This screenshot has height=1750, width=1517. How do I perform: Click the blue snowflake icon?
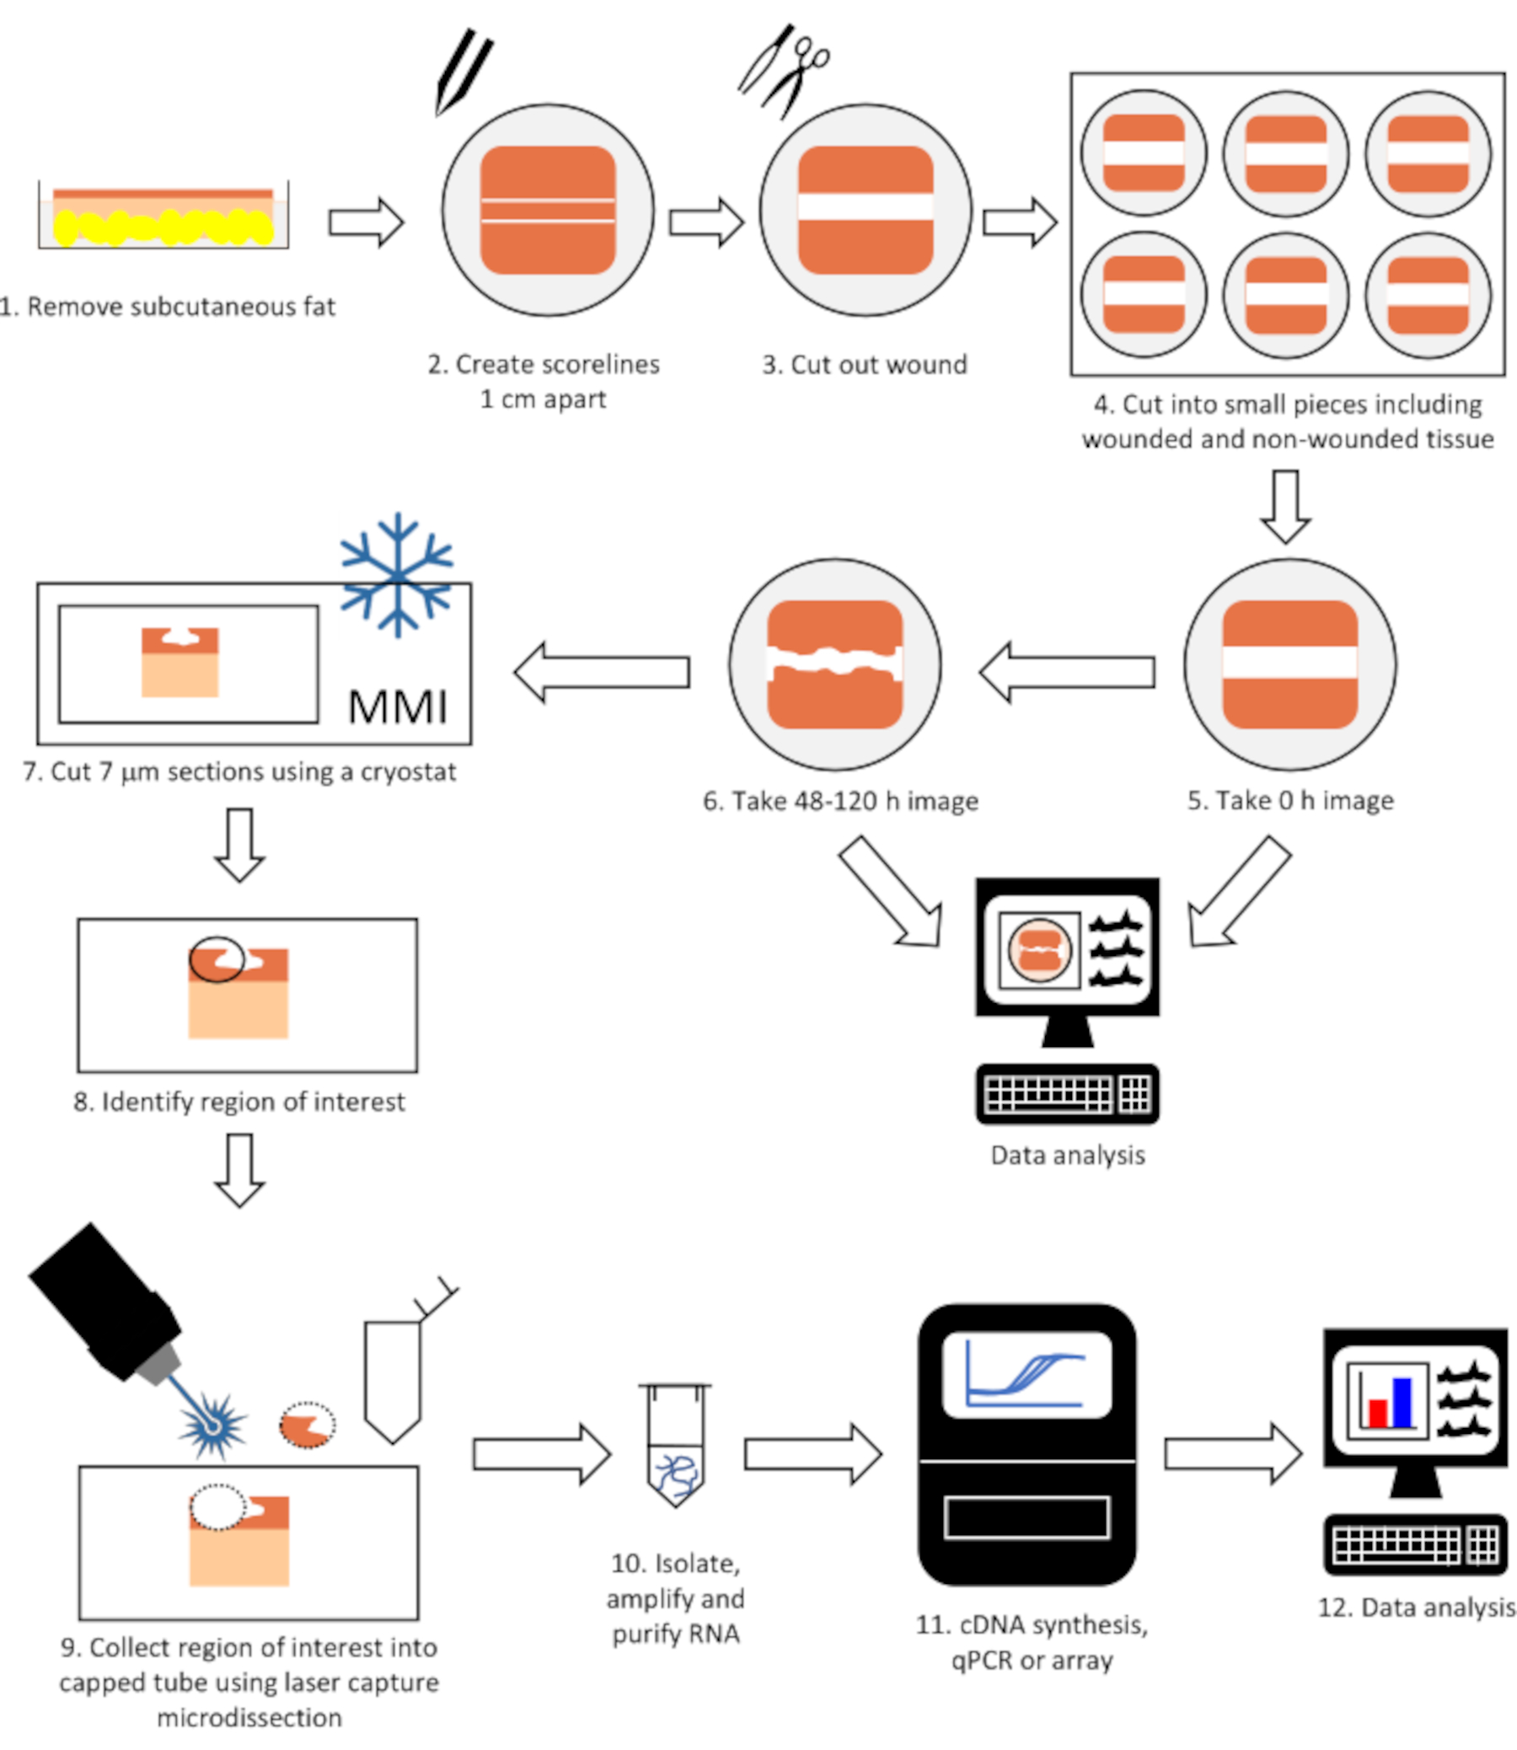pos(396,575)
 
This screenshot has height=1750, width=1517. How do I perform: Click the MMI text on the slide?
pos(397,707)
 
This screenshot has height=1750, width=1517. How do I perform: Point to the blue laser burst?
pos(212,1426)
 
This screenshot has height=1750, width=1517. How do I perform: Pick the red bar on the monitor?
pos(1377,1413)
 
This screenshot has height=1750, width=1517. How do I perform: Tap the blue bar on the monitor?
pos(1402,1402)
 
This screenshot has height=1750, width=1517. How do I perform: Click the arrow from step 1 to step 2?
pos(366,223)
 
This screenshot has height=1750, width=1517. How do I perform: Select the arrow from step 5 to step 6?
pos(1067,672)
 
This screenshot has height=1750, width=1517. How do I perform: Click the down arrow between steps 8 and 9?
pos(239,1170)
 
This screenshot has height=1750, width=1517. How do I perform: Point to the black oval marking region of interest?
pos(217,959)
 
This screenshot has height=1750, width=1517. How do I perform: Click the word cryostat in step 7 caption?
pos(408,772)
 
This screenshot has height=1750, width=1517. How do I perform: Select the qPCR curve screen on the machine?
pos(1026,1375)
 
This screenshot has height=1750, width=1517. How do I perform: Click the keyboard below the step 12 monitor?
pos(1415,1545)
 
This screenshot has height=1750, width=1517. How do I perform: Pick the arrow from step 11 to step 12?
pos(1232,1454)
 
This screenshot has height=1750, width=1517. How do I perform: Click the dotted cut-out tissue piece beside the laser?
pos(308,1425)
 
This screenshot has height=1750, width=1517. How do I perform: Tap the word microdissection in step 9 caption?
pos(249,1718)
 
